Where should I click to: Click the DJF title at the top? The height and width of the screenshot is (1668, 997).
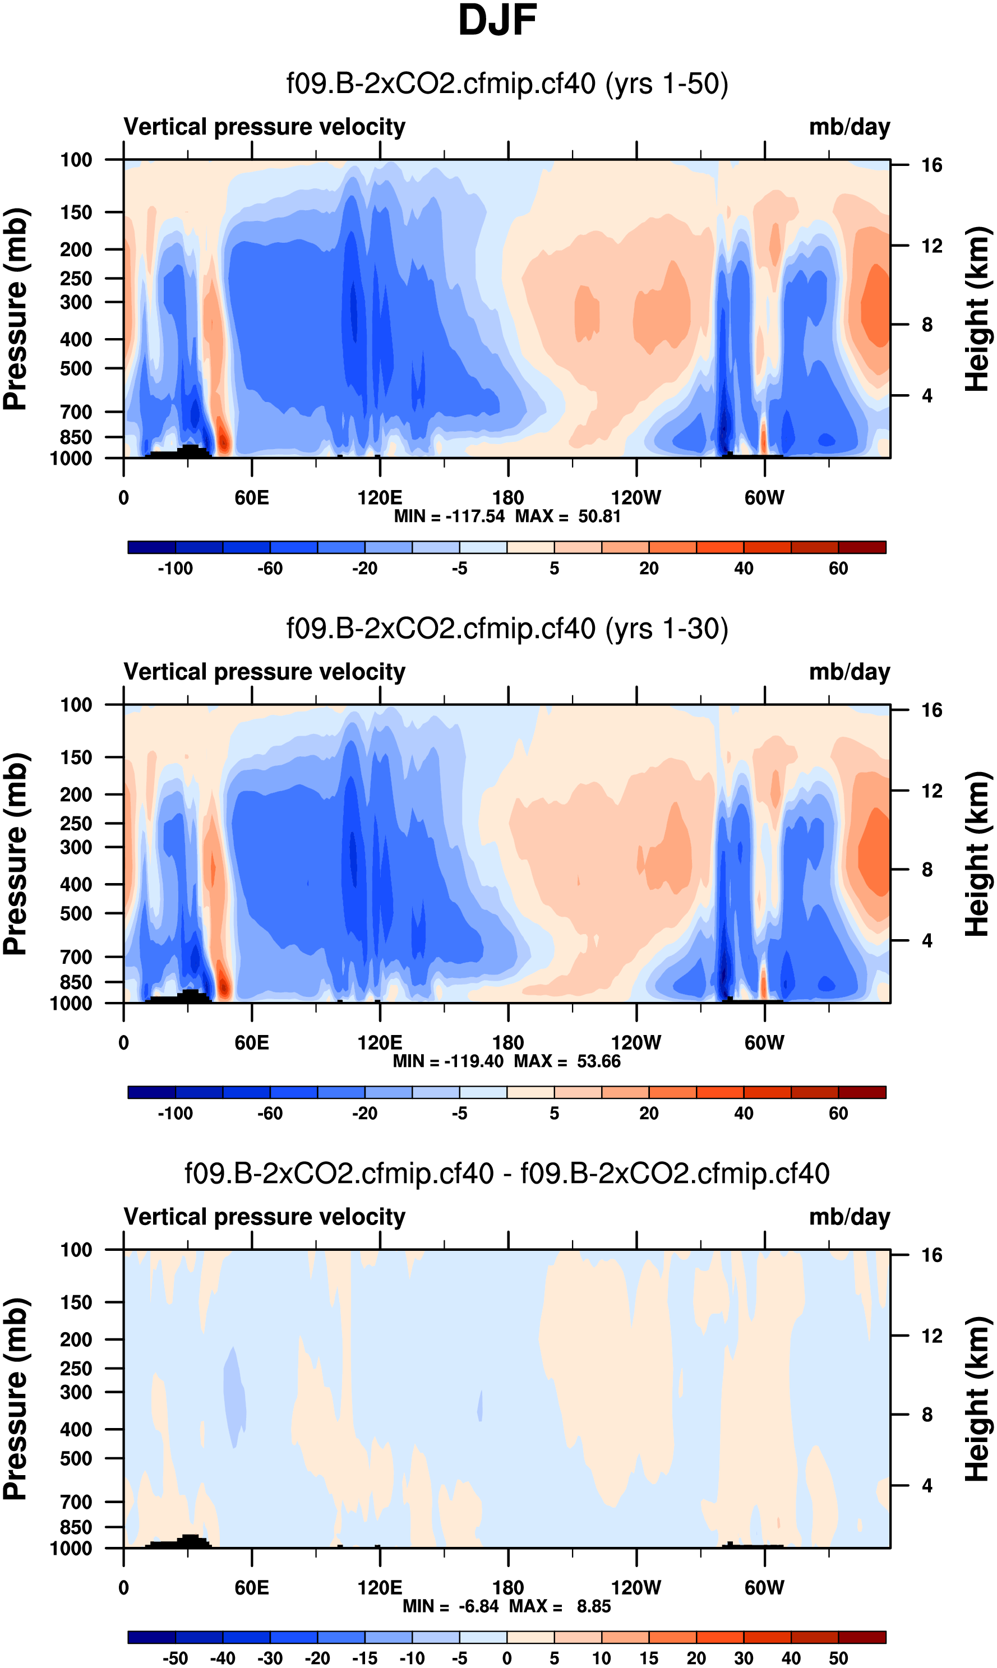pyautogui.click(x=498, y=21)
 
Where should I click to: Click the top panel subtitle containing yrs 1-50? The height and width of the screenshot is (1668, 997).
pyautogui.click(x=507, y=84)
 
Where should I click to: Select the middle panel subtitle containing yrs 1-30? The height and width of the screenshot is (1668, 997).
pyautogui.click(x=507, y=629)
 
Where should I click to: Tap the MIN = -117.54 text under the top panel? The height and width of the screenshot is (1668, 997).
pyautogui.click(x=449, y=516)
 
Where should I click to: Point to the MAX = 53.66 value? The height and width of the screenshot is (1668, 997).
pyautogui.click(x=567, y=1061)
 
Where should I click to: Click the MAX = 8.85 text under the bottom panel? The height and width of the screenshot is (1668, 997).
pyautogui.click(x=560, y=1606)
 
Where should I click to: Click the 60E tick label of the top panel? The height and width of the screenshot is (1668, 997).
pyautogui.click(x=252, y=498)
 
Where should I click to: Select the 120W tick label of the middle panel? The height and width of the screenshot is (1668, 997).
pyautogui.click(x=635, y=1043)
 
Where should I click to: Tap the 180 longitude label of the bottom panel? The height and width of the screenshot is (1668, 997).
pyautogui.click(x=508, y=1587)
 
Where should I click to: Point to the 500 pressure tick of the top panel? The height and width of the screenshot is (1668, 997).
pyautogui.click(x=76, y=369)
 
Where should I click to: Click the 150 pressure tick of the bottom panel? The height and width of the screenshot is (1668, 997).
pyautogui.click(x=76, y=1302)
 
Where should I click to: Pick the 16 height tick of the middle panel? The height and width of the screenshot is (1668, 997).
pyautogui.click(x=932, y=710)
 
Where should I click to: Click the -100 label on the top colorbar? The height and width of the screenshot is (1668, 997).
pyautogui.click(x=176, y=569)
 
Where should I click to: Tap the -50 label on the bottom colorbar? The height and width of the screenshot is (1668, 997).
pyautogui.click(x=176, y=1658)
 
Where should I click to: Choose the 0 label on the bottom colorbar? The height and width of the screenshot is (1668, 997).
pyautogui.click(x=507, y=1658)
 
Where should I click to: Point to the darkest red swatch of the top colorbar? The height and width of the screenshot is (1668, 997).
pyautogui.click(x=862, y=547)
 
